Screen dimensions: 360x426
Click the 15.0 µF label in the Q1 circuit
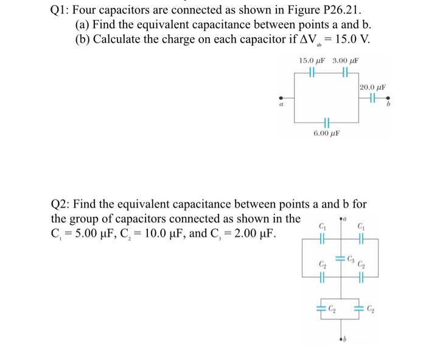point(313,62)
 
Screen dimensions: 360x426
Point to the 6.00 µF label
point(326,132)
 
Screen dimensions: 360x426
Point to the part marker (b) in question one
point(86,40)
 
